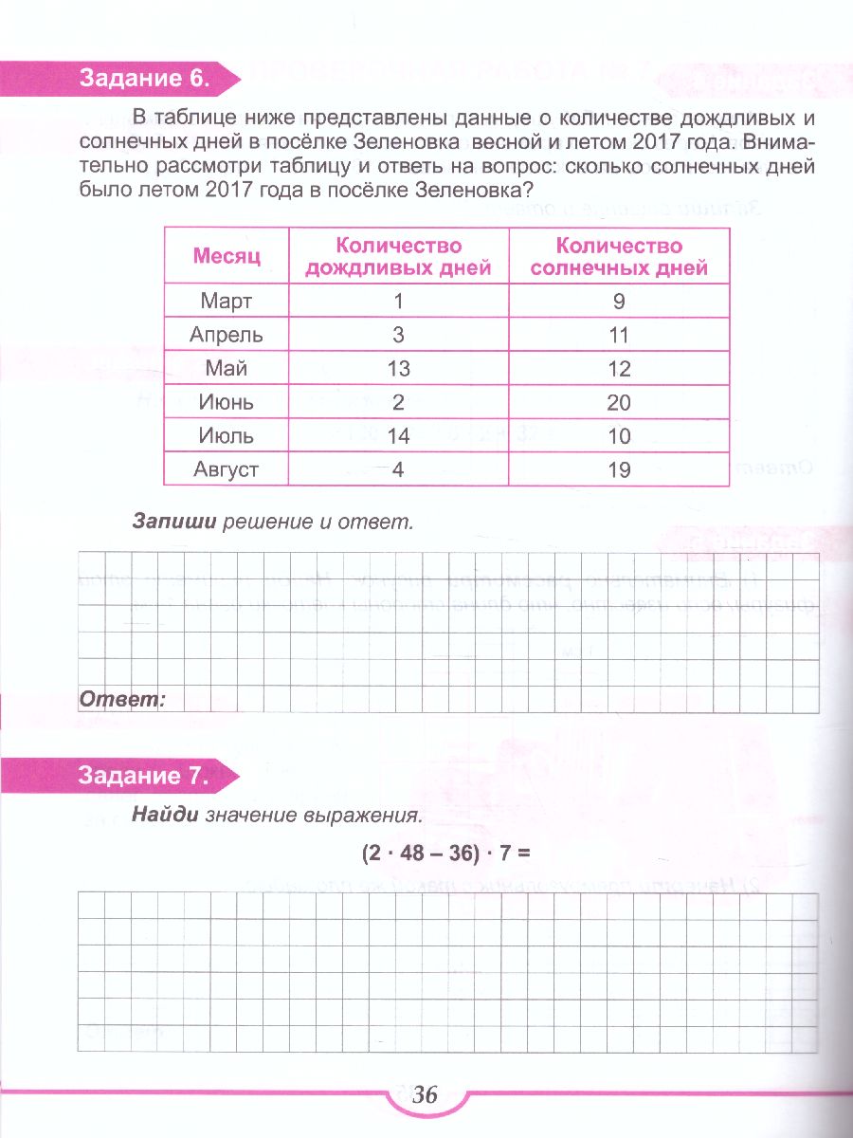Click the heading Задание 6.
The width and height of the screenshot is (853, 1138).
(143, 79)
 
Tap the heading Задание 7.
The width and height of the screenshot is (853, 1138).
(143, 776)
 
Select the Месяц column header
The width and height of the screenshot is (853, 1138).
(227, 256)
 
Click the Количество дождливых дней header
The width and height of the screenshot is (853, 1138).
(398, 256)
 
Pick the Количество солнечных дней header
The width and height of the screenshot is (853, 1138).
(619, 256)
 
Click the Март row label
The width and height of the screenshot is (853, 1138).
(227, 302)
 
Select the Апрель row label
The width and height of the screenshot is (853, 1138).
(227, 335)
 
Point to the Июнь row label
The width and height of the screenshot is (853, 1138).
(227, 402)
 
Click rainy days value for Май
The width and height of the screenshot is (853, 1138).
(398, 369)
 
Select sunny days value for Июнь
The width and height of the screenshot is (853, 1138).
(619, 402)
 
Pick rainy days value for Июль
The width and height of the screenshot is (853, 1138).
(398, 436)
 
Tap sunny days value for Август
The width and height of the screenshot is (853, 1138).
(619, 469)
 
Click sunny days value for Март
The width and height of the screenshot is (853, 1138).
(619, 302)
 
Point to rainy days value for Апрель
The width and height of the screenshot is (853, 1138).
(398, 335)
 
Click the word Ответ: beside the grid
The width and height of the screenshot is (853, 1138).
(121, 700)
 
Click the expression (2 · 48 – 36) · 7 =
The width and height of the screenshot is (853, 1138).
(443, 853)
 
